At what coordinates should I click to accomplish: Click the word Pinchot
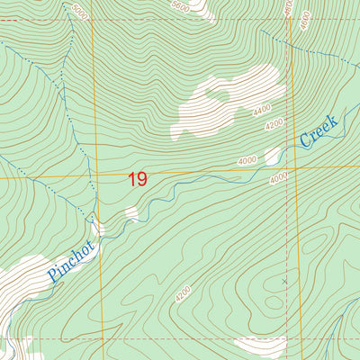(x=71, y=262)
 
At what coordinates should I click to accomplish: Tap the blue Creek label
(x=319, y=131)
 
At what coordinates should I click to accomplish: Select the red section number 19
(x=137, y=179)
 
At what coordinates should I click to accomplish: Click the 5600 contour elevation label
(x=181, y=4)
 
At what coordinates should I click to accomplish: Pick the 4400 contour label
(x=262, y=110)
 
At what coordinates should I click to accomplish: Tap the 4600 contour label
(x=290, y=7)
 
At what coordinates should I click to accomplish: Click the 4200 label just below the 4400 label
(x=274, y=123)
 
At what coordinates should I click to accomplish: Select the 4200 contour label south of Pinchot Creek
(x=184, y=293)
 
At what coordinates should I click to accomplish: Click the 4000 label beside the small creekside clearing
(x=247, y=160)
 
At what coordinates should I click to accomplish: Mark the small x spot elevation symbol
(x=284, y=282)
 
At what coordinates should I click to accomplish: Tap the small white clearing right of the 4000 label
(x=272, y=157)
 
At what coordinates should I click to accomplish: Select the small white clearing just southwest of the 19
(x=131, y=213)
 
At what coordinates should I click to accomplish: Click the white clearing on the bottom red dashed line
(x=261, y=344)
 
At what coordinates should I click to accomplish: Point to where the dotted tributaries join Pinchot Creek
(x=93, y=220)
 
